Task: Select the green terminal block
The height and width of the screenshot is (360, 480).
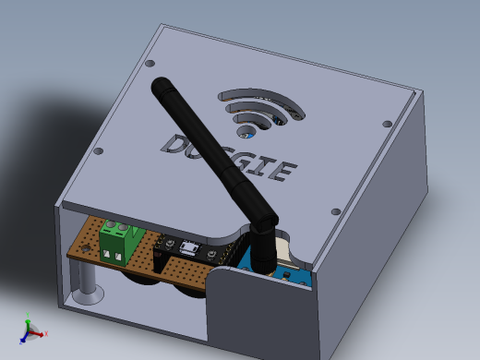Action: point(118,241)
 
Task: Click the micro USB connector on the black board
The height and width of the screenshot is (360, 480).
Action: point(189,247)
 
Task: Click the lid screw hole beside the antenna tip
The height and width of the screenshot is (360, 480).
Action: point(150,64)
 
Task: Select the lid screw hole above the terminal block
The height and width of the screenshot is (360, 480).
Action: point(99,152)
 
